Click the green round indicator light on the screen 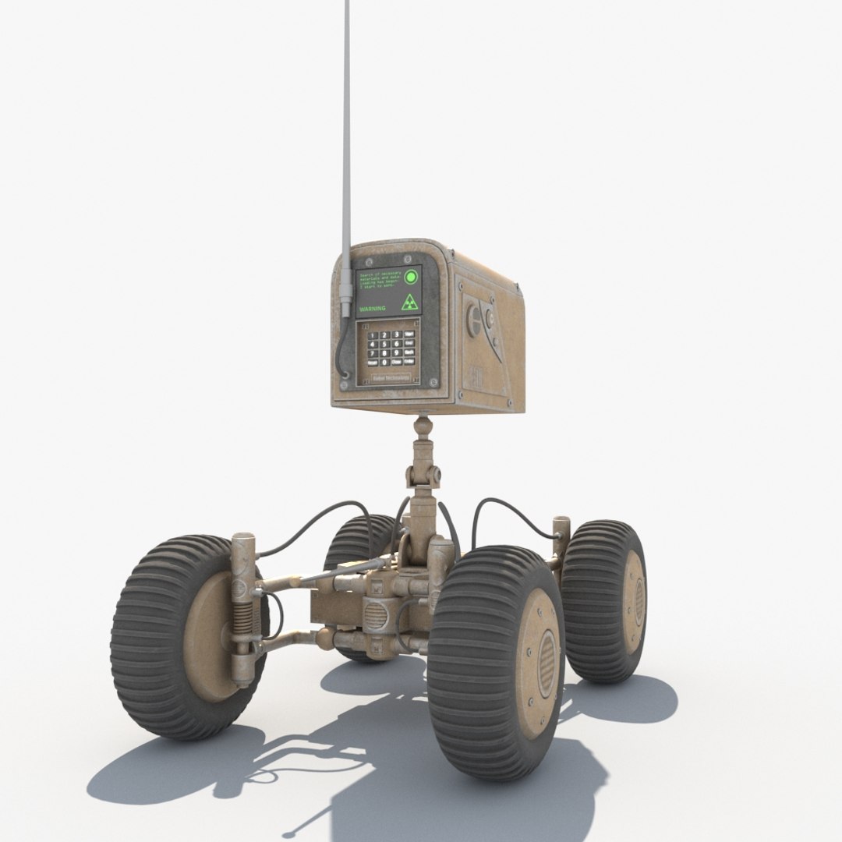(411, 277)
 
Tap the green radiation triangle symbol (409, 303)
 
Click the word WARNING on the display (373, 309)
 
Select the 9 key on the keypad (397, 352)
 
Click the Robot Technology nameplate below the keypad (391, 378)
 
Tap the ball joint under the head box (422, 426)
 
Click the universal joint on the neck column (421, 472)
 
